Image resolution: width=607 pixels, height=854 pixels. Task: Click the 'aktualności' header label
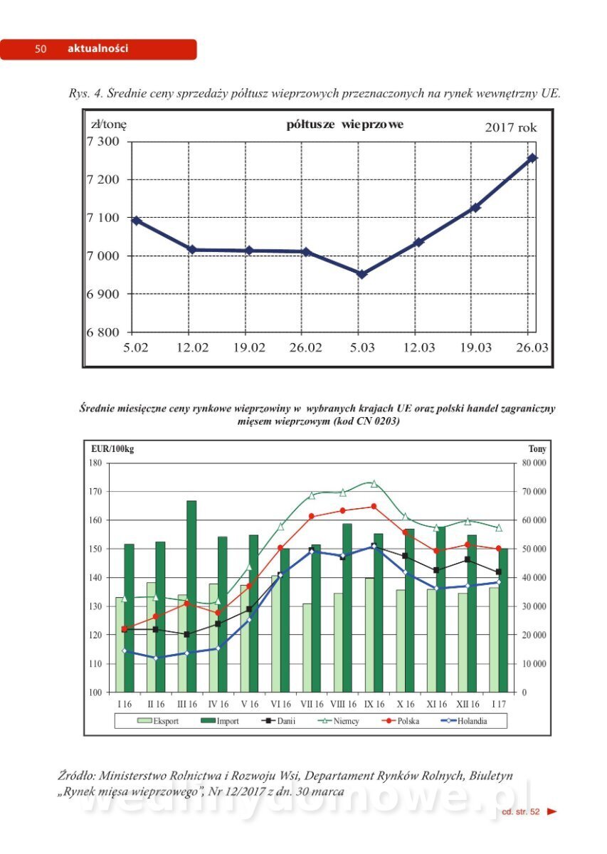pos(97,49)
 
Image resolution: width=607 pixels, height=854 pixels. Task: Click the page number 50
pos(41,49)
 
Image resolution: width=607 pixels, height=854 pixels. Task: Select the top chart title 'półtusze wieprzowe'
pos(344,125)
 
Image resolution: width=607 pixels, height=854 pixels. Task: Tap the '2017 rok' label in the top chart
pos(511,128)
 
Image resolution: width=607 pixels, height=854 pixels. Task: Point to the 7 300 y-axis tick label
pos(103,141)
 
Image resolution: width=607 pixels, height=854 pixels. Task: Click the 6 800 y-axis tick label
pos(103,332)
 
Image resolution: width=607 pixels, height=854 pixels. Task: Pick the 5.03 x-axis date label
pos(361,347)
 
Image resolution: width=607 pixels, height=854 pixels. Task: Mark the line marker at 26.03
pos(532,158)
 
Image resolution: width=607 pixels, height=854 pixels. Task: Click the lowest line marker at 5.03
pos(361,274)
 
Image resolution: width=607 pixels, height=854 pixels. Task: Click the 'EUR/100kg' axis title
pos(112,449)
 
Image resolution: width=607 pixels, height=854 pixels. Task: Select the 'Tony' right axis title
pos(537,449)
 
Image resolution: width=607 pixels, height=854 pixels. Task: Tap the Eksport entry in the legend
pos(158,721)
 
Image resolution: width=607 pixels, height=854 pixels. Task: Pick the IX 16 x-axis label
pos(374,704)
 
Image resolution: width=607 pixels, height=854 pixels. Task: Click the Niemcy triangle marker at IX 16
pos(374,483)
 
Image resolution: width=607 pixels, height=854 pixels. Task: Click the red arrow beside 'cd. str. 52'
pos(551,811)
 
